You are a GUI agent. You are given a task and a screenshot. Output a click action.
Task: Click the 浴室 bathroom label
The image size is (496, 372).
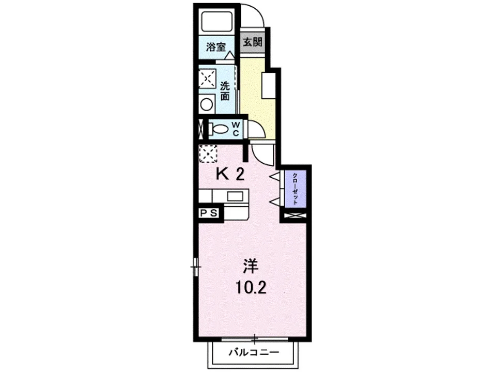click(x=216, y=47)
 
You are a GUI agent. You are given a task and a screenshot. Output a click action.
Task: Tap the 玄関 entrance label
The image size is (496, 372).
click(x=253, y=41)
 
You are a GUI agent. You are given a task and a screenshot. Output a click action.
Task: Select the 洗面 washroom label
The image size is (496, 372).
click(x=225, y=91)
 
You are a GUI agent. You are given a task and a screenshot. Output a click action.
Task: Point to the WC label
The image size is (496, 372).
click(x=236, y=129)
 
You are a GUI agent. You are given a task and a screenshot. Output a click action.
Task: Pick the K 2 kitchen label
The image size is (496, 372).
click(x=230, y=174)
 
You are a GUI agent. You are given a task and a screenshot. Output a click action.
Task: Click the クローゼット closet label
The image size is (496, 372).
click(x=295, y=189)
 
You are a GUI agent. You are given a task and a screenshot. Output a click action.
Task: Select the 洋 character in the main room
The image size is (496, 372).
click(x=251, y=266)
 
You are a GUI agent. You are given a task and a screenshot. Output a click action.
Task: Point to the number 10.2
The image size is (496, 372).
click(x=251, y=288)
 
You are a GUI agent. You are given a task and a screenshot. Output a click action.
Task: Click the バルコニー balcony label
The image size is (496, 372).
click(x=254, y=352)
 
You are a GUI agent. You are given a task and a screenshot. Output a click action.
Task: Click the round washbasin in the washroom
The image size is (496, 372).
click(x=207, y=105)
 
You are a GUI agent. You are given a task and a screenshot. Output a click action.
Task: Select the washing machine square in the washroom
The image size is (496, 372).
click(x=207, y=78)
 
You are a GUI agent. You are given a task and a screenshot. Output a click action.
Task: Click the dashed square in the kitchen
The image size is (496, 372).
click(x=208, y=153)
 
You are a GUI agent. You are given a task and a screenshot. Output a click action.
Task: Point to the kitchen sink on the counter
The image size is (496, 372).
click(x=235, y=196)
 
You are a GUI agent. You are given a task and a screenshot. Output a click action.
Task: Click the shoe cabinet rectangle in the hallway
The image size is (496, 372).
click(x=269, y=85)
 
